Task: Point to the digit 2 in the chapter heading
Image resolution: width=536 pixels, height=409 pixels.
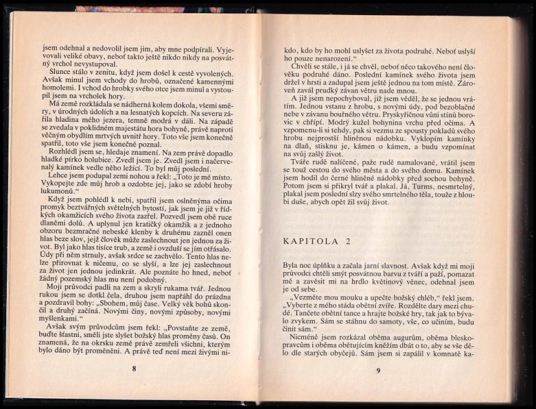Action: pyautogui.click(x=347, y=241)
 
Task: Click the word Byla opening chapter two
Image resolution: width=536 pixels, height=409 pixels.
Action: pyautogui.click(x=292, y=267)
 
